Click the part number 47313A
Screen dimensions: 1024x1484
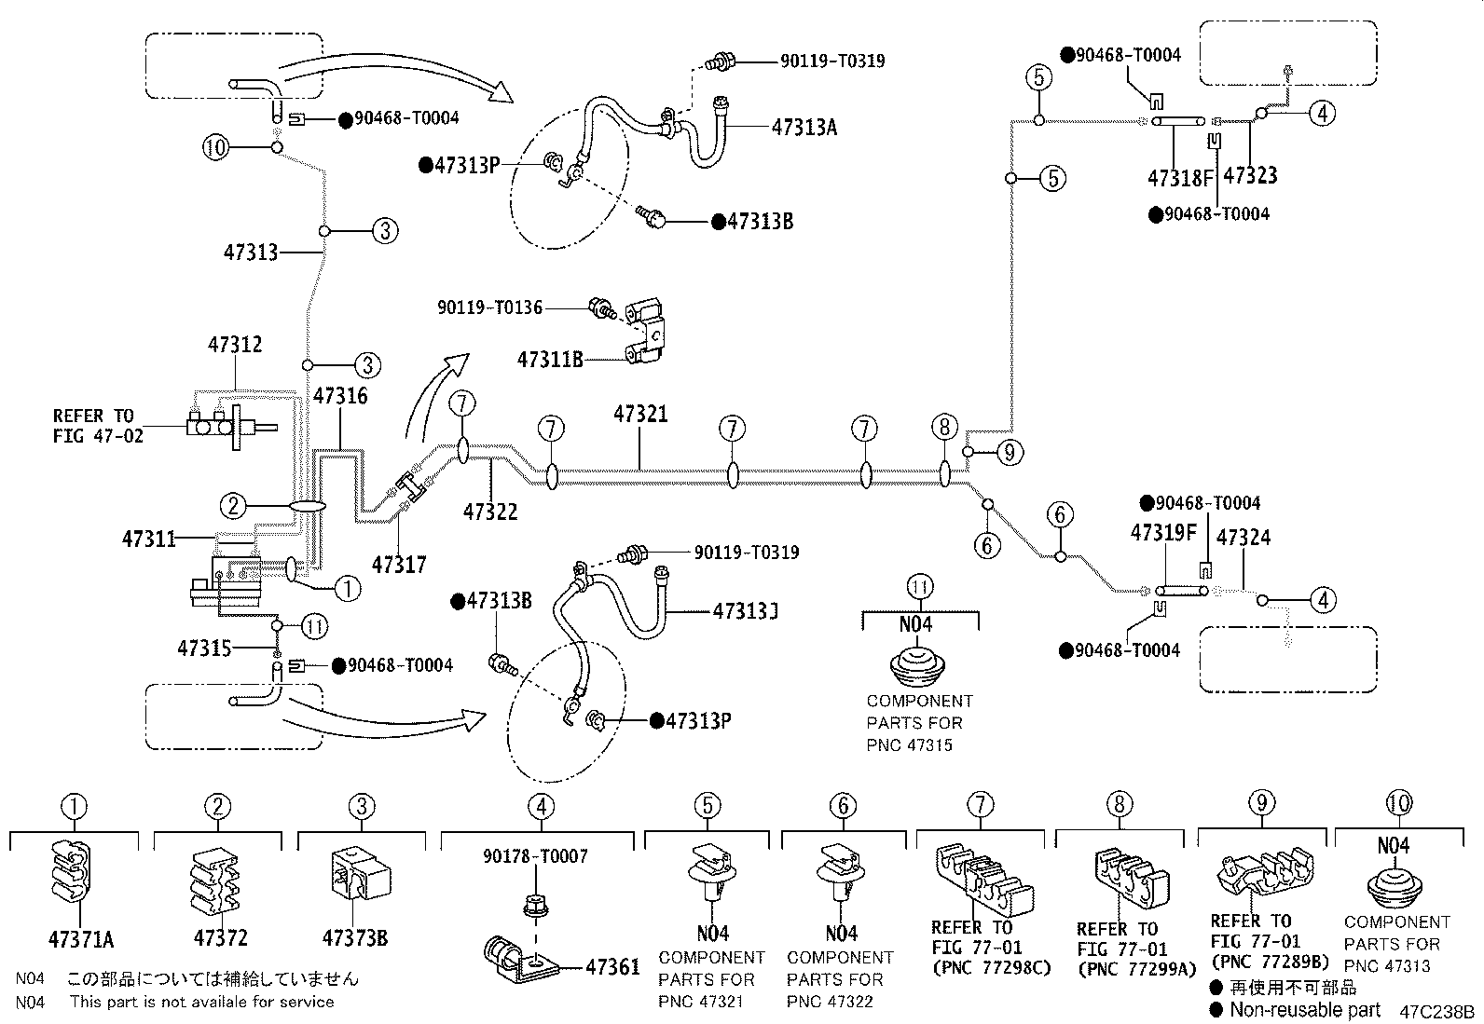[804, 128]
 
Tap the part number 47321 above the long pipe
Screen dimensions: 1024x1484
[640, 414]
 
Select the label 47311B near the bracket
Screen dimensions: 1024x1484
[550, 359]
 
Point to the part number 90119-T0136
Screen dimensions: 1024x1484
[490, 307]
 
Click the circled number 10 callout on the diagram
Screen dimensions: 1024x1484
[216, 147]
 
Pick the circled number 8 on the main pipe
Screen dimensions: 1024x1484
[944, 428]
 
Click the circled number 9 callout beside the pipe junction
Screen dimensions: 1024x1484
[1010, 453]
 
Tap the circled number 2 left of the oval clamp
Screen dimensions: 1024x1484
[233, 506]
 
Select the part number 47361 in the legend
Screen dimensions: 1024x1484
[612, 967]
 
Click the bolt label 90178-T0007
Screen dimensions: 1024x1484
[535, 855]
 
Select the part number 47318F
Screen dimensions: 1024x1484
[1181, 176]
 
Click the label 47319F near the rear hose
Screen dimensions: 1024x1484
[1162, 533]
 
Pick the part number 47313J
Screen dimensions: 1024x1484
[746, 612]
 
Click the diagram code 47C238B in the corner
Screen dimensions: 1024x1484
[1436, 1011]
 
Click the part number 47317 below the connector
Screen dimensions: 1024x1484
[398, 564]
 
